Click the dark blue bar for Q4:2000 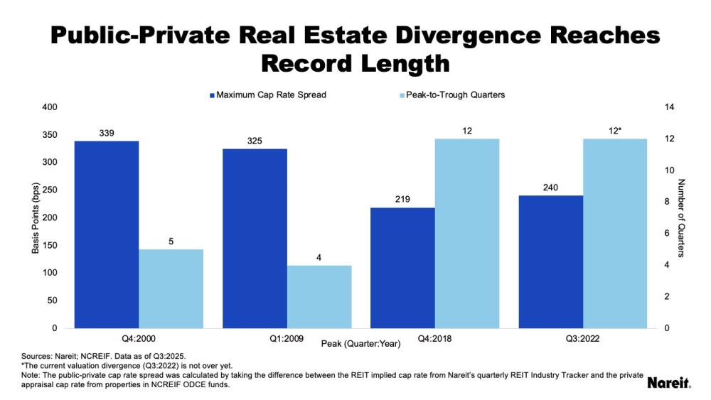pos(107,234)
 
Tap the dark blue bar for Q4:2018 pos(403,268)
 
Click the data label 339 pos(107,133)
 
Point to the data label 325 pos(255,141)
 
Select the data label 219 pos(403,200)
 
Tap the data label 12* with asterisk pos(616,131)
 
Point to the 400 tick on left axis pos(50,107)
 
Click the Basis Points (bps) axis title pos(34,217)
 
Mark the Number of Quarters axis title pos(680,217)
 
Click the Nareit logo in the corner pos(669,383)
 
